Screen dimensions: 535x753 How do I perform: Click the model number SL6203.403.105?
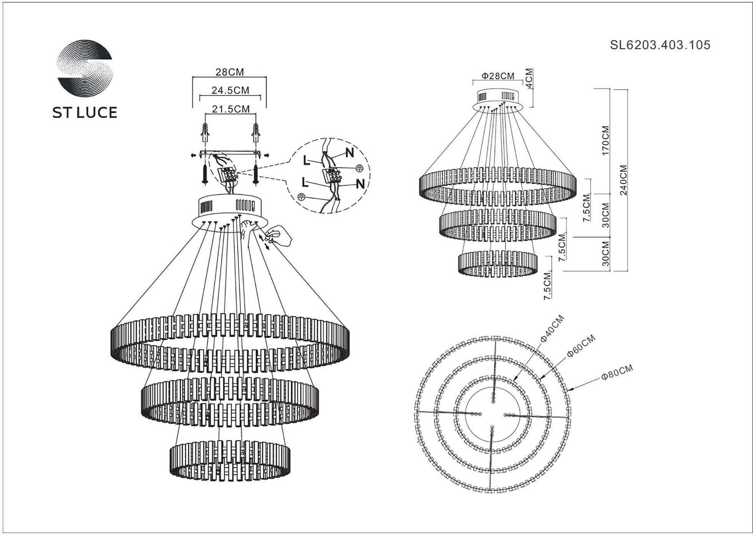660,45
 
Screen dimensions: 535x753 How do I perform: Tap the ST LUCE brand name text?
85,112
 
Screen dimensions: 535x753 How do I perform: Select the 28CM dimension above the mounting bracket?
229,72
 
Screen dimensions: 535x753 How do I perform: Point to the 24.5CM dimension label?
230,90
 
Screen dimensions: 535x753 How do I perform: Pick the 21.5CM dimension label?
231,109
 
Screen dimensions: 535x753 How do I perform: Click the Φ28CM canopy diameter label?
498,76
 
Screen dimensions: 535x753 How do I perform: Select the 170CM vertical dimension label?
605,140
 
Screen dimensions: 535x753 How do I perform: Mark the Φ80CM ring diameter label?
617,372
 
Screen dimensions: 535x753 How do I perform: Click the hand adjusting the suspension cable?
278,235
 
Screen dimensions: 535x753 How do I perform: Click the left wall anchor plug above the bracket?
206,132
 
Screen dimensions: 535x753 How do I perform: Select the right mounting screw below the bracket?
255,175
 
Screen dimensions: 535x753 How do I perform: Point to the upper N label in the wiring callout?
349,153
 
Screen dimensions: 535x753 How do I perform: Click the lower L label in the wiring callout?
305,182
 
